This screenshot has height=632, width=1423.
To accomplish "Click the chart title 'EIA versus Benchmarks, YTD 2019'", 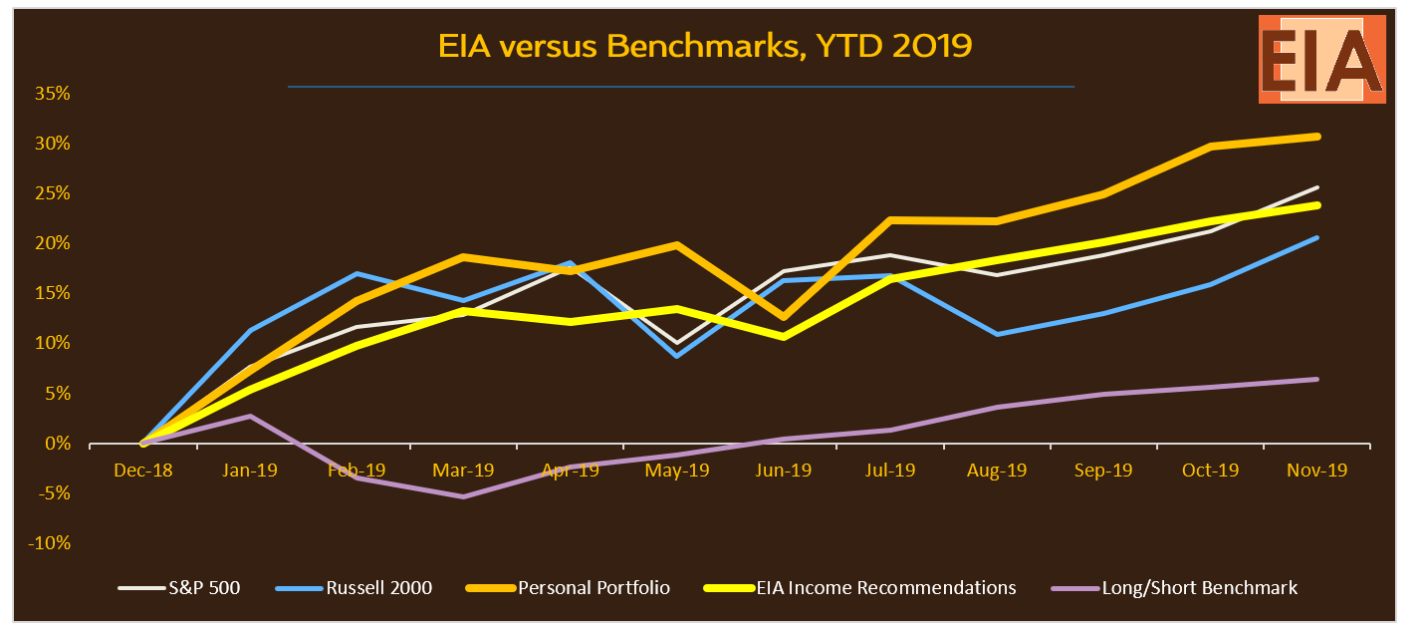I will tap(704, 46).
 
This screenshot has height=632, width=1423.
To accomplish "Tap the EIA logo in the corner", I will tap(1321, 59).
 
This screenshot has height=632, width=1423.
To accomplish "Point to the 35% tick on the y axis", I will tap(53, 94).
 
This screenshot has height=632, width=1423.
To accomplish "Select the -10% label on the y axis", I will tap(50, 543).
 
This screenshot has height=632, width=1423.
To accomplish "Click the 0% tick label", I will tap(57, 444).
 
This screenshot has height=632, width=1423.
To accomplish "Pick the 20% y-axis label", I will tap(53, 243).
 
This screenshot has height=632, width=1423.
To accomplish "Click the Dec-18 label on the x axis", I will tap(142, 470).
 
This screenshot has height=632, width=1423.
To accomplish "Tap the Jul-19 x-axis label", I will tap(890, 470).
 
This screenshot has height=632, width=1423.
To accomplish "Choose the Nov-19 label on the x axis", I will tap(1316, 470).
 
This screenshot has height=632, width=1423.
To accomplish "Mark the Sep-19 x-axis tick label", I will tap(1103, 470).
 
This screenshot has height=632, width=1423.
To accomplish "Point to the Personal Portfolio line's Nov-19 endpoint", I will tap(1317, 136).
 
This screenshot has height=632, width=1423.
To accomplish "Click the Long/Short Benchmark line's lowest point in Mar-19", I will tap(463, 496).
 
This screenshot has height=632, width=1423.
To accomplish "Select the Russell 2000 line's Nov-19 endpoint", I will tap(1317, 237).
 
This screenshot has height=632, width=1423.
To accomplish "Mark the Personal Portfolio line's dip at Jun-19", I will tap(784, 318).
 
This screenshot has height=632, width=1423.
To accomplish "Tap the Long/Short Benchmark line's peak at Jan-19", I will tap(250, 416).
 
